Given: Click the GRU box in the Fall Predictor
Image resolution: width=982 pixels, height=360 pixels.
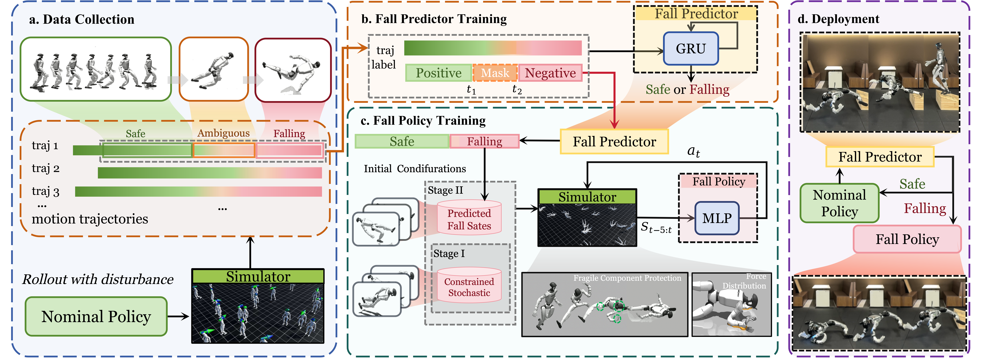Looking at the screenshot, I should pyautogui.click(x=691, y=48).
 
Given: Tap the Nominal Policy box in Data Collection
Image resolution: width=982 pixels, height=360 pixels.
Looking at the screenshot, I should pyautogui.click(x=96, y=317).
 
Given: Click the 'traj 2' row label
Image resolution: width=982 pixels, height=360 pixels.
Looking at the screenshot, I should pyautogui.click(x=45, y=168).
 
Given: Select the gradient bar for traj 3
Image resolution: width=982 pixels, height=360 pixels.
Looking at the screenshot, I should pyautogui.click(x=198, y=191).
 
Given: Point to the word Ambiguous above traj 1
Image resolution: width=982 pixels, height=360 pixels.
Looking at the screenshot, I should pyautogui.click(x=223, y=133).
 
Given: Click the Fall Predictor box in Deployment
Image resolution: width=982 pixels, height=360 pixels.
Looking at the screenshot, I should pyautogui.click(x=880, y=157).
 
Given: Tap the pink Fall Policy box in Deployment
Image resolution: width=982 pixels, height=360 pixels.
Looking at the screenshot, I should pyautogui.click(x=907, y=239).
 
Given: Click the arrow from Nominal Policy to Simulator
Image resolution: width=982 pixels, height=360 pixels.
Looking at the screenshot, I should pyautogui.click(x=178, y=317).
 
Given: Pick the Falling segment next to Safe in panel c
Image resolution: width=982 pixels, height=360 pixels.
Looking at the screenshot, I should pyautogui.click(x=485, y=141).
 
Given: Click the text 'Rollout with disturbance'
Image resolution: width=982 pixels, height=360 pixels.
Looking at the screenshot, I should pyautogui.click(x=98, y=279).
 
